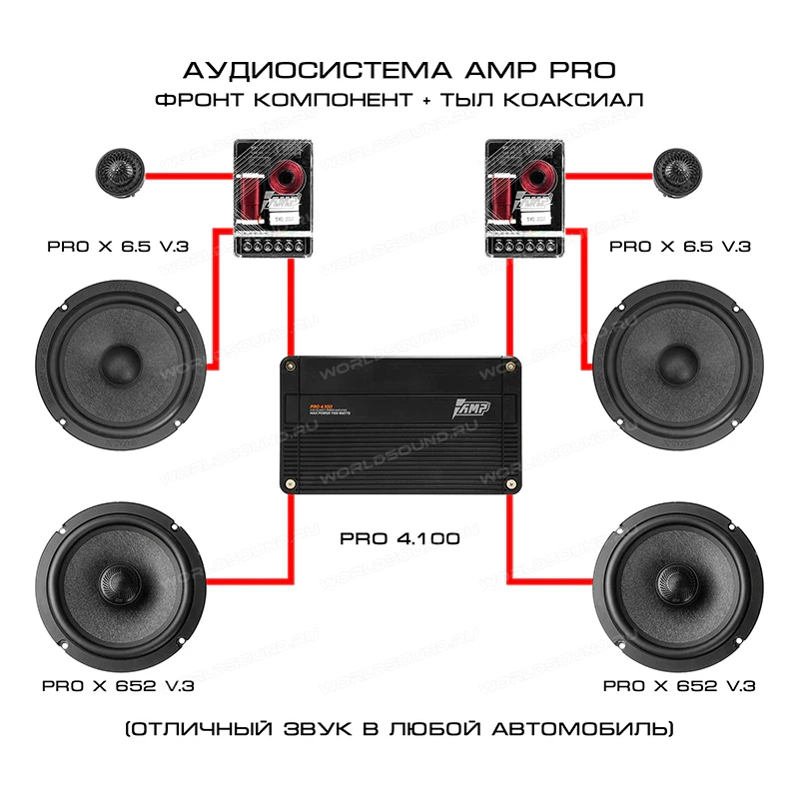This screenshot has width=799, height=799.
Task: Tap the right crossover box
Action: coord(523,198)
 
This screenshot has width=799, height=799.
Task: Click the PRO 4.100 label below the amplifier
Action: coord(399,538)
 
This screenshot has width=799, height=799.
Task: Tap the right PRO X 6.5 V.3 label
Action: coord(681,245)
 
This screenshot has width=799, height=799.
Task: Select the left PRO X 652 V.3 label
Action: coord(118,686)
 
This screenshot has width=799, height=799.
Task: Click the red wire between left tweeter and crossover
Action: coord(190,180)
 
